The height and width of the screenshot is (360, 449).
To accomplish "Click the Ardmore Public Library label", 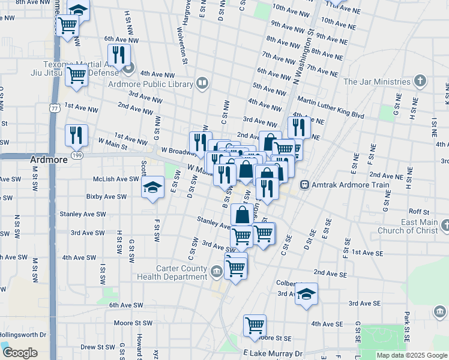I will [x=152, y=84].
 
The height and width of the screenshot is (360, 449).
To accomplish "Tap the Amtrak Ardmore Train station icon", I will [x=304, y=185].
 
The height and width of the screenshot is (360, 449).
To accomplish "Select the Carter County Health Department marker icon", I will [x=216, y=272].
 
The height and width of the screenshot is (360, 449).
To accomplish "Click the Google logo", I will [x=20, y=353].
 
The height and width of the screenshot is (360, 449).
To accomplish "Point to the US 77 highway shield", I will [x=55, y=109].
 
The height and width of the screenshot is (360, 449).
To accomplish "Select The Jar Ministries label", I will [x=376, y=82].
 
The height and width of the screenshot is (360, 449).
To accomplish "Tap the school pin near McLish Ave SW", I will [x=152, y=187].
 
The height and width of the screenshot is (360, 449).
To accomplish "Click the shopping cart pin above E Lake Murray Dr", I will [x=255, y=325].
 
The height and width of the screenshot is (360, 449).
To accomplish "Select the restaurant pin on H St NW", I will [x=119, y=55].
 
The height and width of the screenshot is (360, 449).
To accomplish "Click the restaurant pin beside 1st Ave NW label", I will [x=76, y=135].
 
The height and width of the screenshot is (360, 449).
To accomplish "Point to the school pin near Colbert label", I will [x=306, y=293].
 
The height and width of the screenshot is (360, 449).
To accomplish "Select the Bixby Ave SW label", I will [x=106, y=196].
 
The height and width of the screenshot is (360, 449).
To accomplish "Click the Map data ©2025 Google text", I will [x=412, y=355].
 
